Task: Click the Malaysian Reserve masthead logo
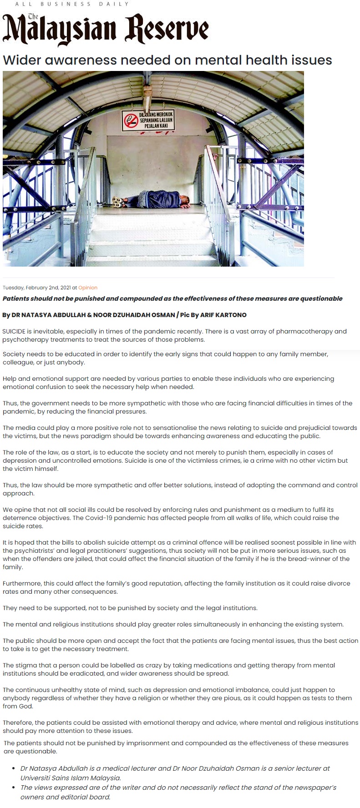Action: click(106, 29)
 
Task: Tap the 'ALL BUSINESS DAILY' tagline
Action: click(72, 4)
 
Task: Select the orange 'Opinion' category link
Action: click(88, 288)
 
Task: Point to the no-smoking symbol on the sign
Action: click(131, 120)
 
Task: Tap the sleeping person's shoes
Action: click(117, 201)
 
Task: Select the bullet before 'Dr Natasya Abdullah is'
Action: click(14, 768)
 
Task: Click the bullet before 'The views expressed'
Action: click(14, 788)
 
